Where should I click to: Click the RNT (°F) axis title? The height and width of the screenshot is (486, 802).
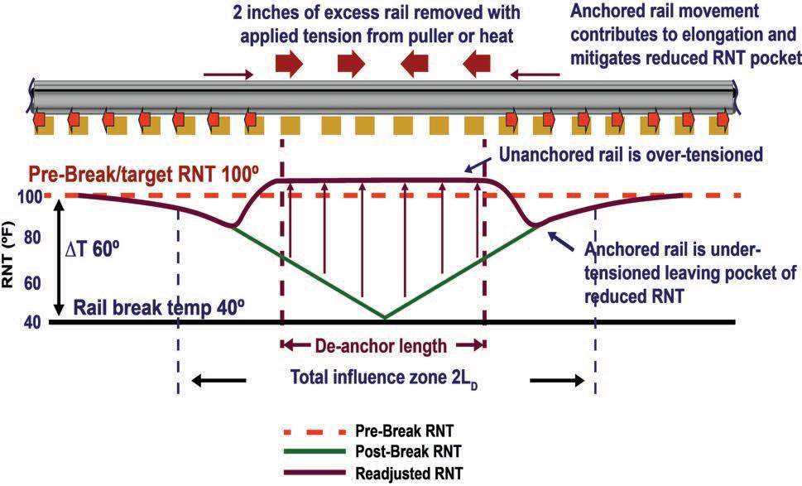[12, 259]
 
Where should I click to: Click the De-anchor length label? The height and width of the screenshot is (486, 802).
[383, 345]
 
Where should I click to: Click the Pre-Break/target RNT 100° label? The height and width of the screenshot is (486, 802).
[146, 176]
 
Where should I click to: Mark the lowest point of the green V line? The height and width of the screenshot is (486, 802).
[384, 318]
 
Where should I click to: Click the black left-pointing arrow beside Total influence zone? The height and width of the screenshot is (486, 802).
[219, 380]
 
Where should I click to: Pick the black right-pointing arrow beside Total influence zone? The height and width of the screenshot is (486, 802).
[558, 380]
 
